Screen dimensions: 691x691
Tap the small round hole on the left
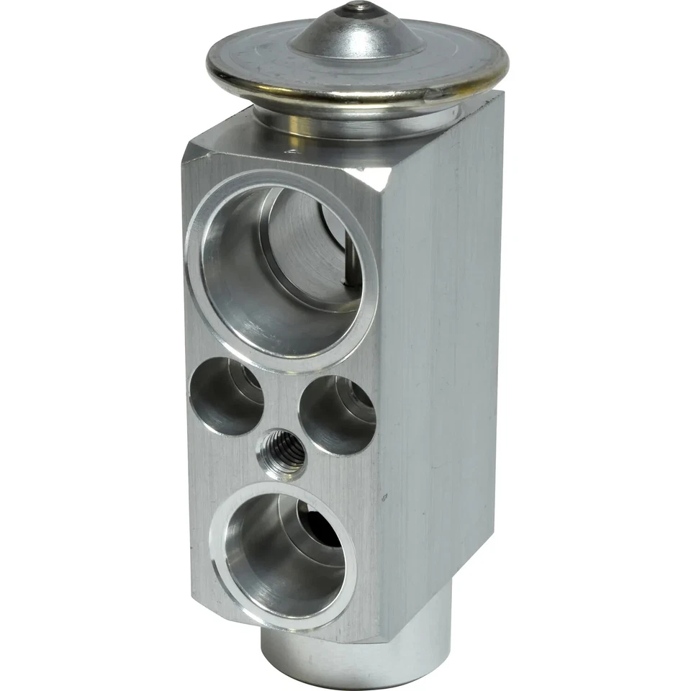226,395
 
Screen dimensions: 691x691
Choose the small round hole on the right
337,414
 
